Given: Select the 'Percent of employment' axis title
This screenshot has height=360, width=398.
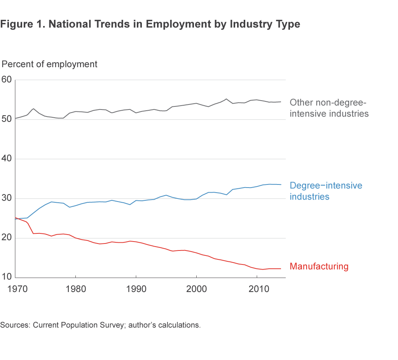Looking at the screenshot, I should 50,64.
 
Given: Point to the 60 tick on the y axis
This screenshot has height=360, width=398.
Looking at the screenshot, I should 7,80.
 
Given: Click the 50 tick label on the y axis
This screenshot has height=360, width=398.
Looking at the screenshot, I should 7,120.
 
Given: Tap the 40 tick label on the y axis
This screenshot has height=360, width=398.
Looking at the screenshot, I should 7,159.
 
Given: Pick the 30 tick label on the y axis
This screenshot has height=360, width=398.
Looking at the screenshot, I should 7,199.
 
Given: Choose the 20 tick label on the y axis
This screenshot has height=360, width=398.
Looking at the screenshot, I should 7,238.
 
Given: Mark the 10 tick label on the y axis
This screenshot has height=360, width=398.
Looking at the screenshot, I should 7,278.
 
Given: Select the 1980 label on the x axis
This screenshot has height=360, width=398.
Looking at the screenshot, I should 75,289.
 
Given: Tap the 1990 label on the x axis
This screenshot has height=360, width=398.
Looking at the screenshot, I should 136,289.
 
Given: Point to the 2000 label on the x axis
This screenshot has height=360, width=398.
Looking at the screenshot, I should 196,289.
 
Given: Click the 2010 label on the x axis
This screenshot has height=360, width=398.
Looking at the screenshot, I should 257,289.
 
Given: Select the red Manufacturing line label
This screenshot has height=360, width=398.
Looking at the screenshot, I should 319,266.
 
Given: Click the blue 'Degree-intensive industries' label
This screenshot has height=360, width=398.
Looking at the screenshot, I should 326,191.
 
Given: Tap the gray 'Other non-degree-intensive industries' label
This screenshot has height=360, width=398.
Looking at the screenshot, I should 329,108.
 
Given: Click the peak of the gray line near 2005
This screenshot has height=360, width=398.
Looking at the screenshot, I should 226,99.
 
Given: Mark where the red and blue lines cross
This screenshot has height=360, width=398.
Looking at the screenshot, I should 17,219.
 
